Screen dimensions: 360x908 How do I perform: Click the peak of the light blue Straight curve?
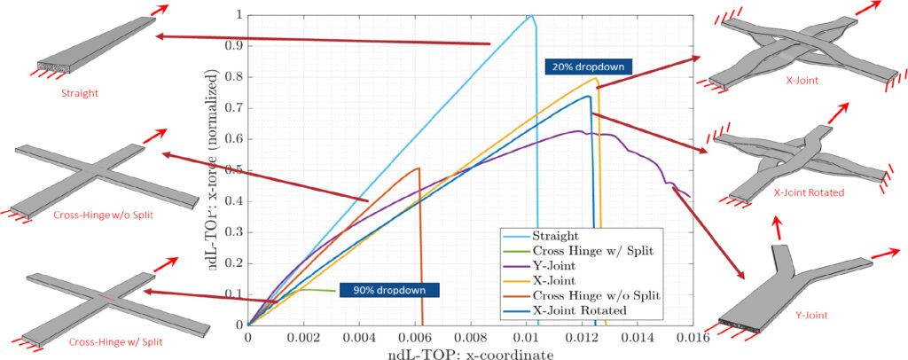tap(529, 16)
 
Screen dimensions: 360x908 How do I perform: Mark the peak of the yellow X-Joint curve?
tap(595, 78)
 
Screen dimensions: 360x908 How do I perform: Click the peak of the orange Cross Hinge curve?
tap(418, 168)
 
